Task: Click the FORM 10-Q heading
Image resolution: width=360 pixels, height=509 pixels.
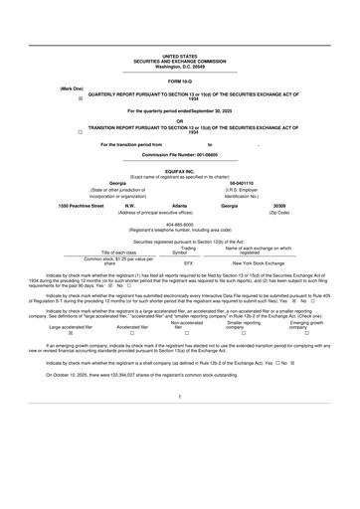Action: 179,79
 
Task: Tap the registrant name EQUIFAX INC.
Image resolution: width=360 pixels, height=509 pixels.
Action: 179,170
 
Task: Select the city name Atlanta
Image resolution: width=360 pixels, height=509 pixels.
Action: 180,205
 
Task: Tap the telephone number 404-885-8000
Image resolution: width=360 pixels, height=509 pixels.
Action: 179,224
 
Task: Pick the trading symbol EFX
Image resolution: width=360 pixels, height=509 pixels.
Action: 189,263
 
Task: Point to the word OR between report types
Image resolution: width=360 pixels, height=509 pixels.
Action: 179,121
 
